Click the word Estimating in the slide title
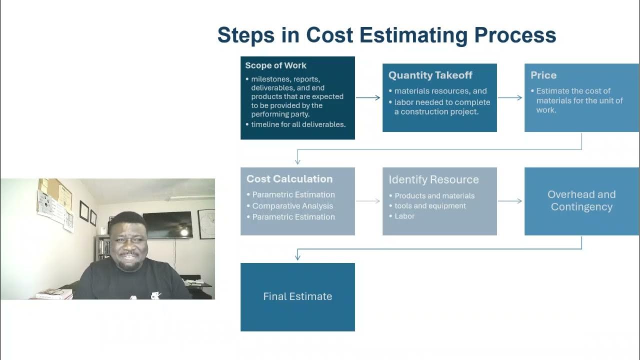[x=387, y=35]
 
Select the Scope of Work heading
[x=275, y=65]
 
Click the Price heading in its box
[x=543, y=75]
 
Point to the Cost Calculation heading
[x=289, y=179]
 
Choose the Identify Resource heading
[x=433, y=179]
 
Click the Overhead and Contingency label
[x=581, y=200]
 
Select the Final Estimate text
[x=297, y=296]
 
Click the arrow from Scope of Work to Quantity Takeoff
[x=368, y=98]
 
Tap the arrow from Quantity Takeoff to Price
[x=510, y=98]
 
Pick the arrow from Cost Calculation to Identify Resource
[x=368, y=201]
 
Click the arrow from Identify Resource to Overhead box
[x=510, y=201]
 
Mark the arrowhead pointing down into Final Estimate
[x=297, y=257]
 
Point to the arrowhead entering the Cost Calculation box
[x=297, y=161]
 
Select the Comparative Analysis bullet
[x=292, y=206]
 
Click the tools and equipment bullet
[x=430, y=206]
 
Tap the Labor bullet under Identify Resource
[x=404, y=216]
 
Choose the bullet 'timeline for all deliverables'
[x=298, y=124]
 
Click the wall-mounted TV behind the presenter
[x=167, y=224]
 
